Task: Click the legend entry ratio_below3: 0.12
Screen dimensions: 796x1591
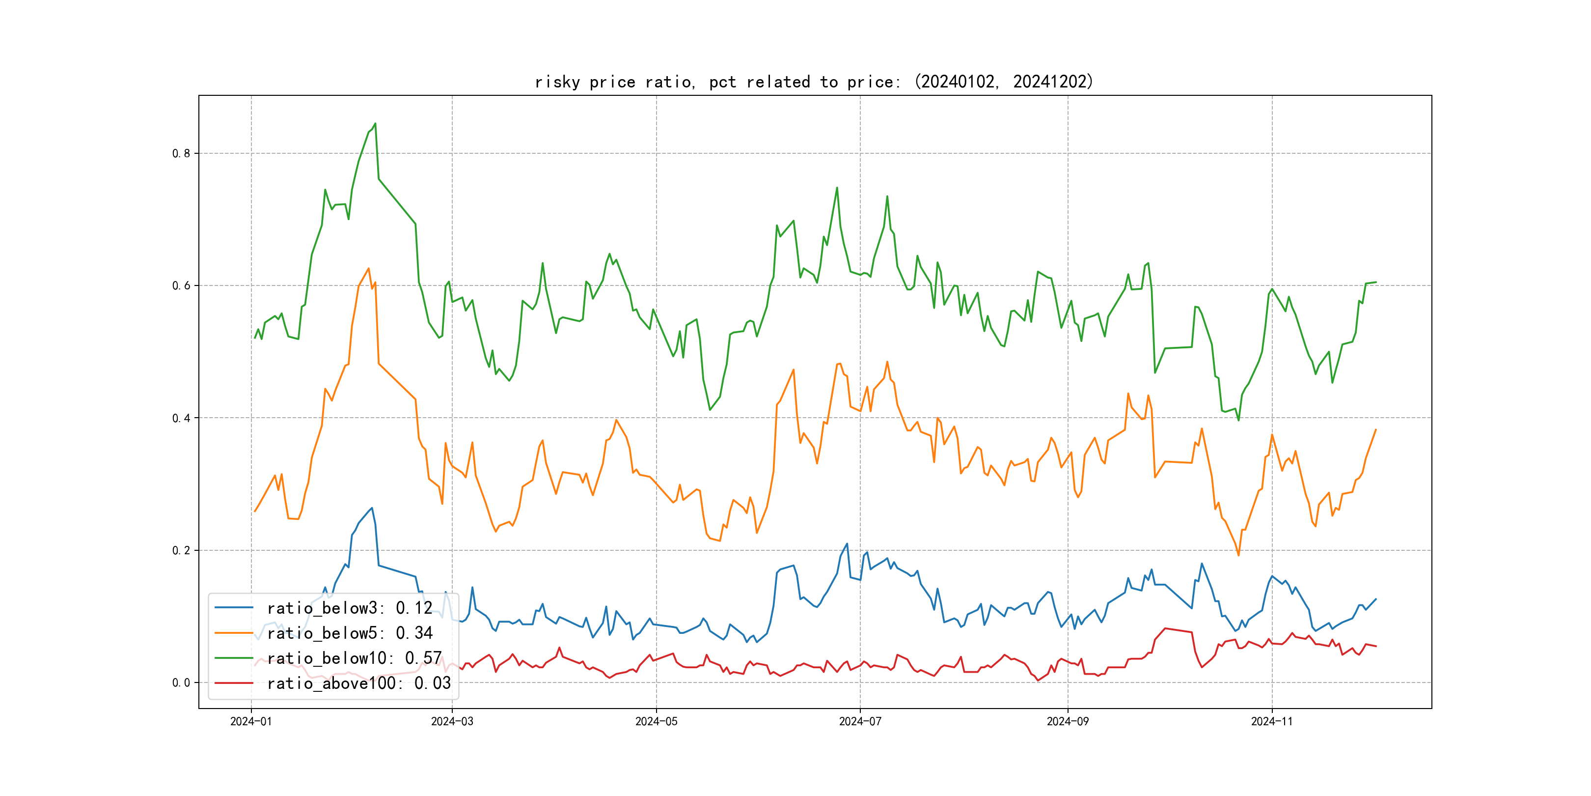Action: pyautogui.click(x=350, y=608)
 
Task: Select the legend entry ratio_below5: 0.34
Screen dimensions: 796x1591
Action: pyautogui.click(x=350, y=633)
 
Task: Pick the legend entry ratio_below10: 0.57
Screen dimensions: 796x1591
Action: pyautogui.click(x=354, y=658)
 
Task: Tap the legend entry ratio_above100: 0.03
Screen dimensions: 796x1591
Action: pyautogui.click(x=359, y=683)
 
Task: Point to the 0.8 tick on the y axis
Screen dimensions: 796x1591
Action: pyautogui.click(x=181, y=154)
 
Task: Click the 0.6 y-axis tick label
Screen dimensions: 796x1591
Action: pyautogui.click(x=181, y=285)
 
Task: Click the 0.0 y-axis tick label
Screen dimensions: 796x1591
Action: pyautogui.click(x=181, y=683)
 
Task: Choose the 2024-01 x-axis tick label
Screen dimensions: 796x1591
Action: pyautogui.click(x=251, y=721)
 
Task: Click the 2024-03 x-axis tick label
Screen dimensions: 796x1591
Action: pyautogui.click(x=452, y=721)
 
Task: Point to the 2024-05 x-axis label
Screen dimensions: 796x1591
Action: pyautogui.click(x=657, y=721)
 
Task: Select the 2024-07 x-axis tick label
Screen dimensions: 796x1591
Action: pyautogui.click(x=860, y=721)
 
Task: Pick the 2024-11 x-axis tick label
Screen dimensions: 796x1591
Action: pyautogui.click(x=1272, y=721)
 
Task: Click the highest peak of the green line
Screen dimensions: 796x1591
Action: pyautogui.click(x=375, y=124)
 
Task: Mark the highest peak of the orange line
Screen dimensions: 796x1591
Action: pyautogui.click(x=369, y=268)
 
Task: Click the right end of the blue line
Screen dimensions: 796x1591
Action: pyautogui.click(x=1376, y=599)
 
